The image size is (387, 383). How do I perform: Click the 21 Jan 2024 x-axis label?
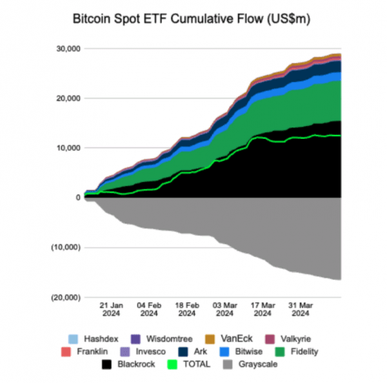click(111, 309)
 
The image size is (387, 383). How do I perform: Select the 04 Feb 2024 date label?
click(149, 309)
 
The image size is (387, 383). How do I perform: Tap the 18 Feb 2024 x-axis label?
click(186, 309)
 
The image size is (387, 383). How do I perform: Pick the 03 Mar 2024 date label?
click(224, 309)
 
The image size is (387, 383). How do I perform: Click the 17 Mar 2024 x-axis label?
click(262, 309)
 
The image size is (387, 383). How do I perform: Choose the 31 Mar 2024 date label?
click(300, 309)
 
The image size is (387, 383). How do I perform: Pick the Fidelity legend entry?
click(293, 351)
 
